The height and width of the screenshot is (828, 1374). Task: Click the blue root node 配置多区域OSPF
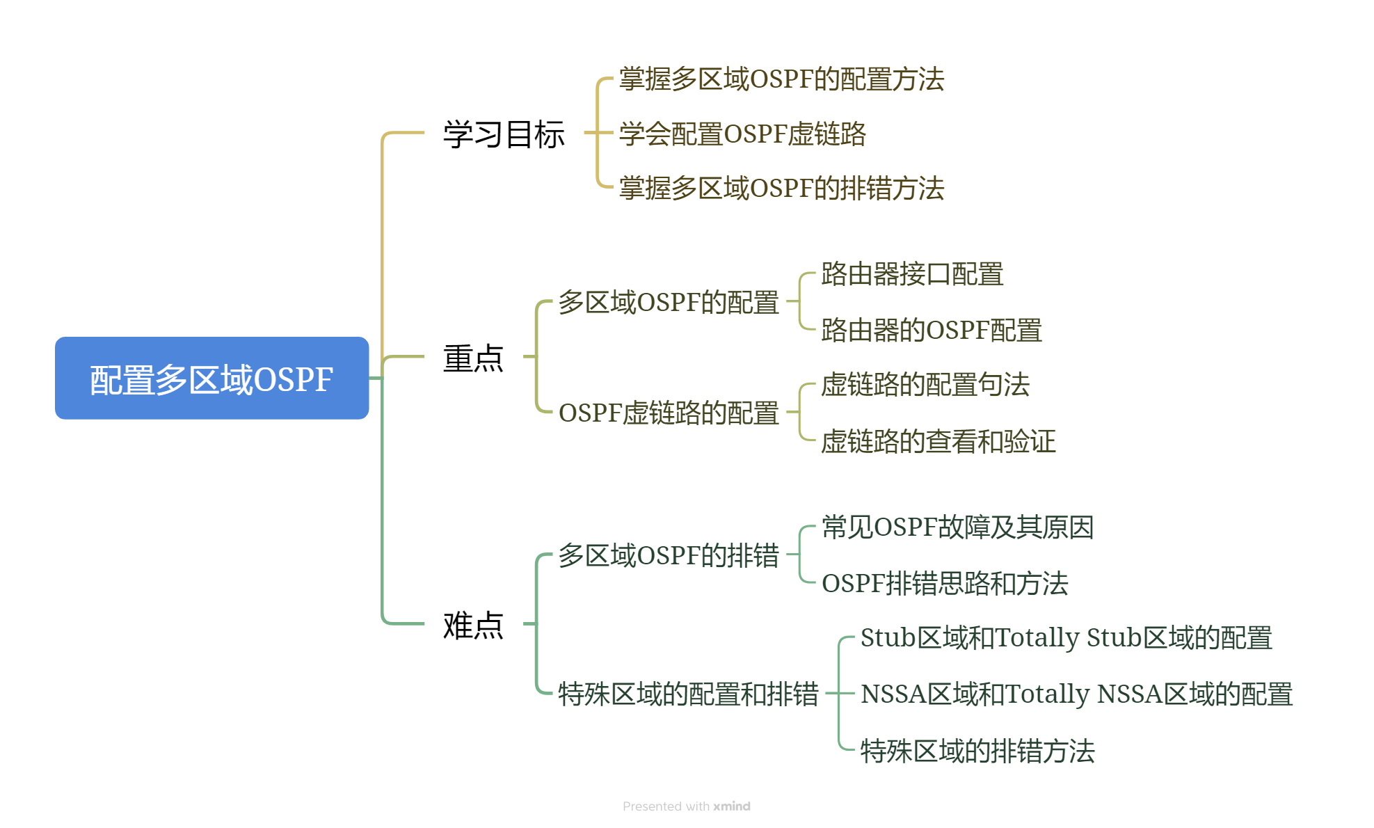(211, 379)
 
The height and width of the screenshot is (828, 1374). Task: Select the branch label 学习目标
(504, 134)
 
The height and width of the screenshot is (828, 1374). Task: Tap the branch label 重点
(473, 358)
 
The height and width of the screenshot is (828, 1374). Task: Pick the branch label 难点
(473, 625)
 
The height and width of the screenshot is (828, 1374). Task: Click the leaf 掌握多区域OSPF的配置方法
(781, 79)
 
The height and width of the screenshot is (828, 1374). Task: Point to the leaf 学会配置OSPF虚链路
(742, 134)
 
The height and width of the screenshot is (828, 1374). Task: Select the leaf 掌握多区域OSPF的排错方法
(781, 188)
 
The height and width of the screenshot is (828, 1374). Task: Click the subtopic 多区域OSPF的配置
(669, 302)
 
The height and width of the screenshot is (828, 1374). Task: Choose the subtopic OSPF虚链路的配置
(669, 413)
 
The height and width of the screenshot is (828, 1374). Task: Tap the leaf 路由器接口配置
(912, 274)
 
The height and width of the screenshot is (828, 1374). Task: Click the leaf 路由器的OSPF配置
(932, 330)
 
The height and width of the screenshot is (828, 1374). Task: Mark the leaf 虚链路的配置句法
(925, 385)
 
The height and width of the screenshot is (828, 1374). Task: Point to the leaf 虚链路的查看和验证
(938, 441)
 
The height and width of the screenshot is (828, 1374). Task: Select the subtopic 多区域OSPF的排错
(669, 555)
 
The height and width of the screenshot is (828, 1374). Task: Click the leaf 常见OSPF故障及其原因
(958, 527)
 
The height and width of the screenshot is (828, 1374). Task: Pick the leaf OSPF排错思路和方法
(945, 583)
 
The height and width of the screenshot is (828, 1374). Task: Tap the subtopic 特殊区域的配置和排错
(688, 694)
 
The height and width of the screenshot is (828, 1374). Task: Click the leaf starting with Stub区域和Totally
(1067, 637)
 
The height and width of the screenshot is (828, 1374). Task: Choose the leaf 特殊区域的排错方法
(977, 751)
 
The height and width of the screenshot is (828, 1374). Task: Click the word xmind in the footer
(732, 806)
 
